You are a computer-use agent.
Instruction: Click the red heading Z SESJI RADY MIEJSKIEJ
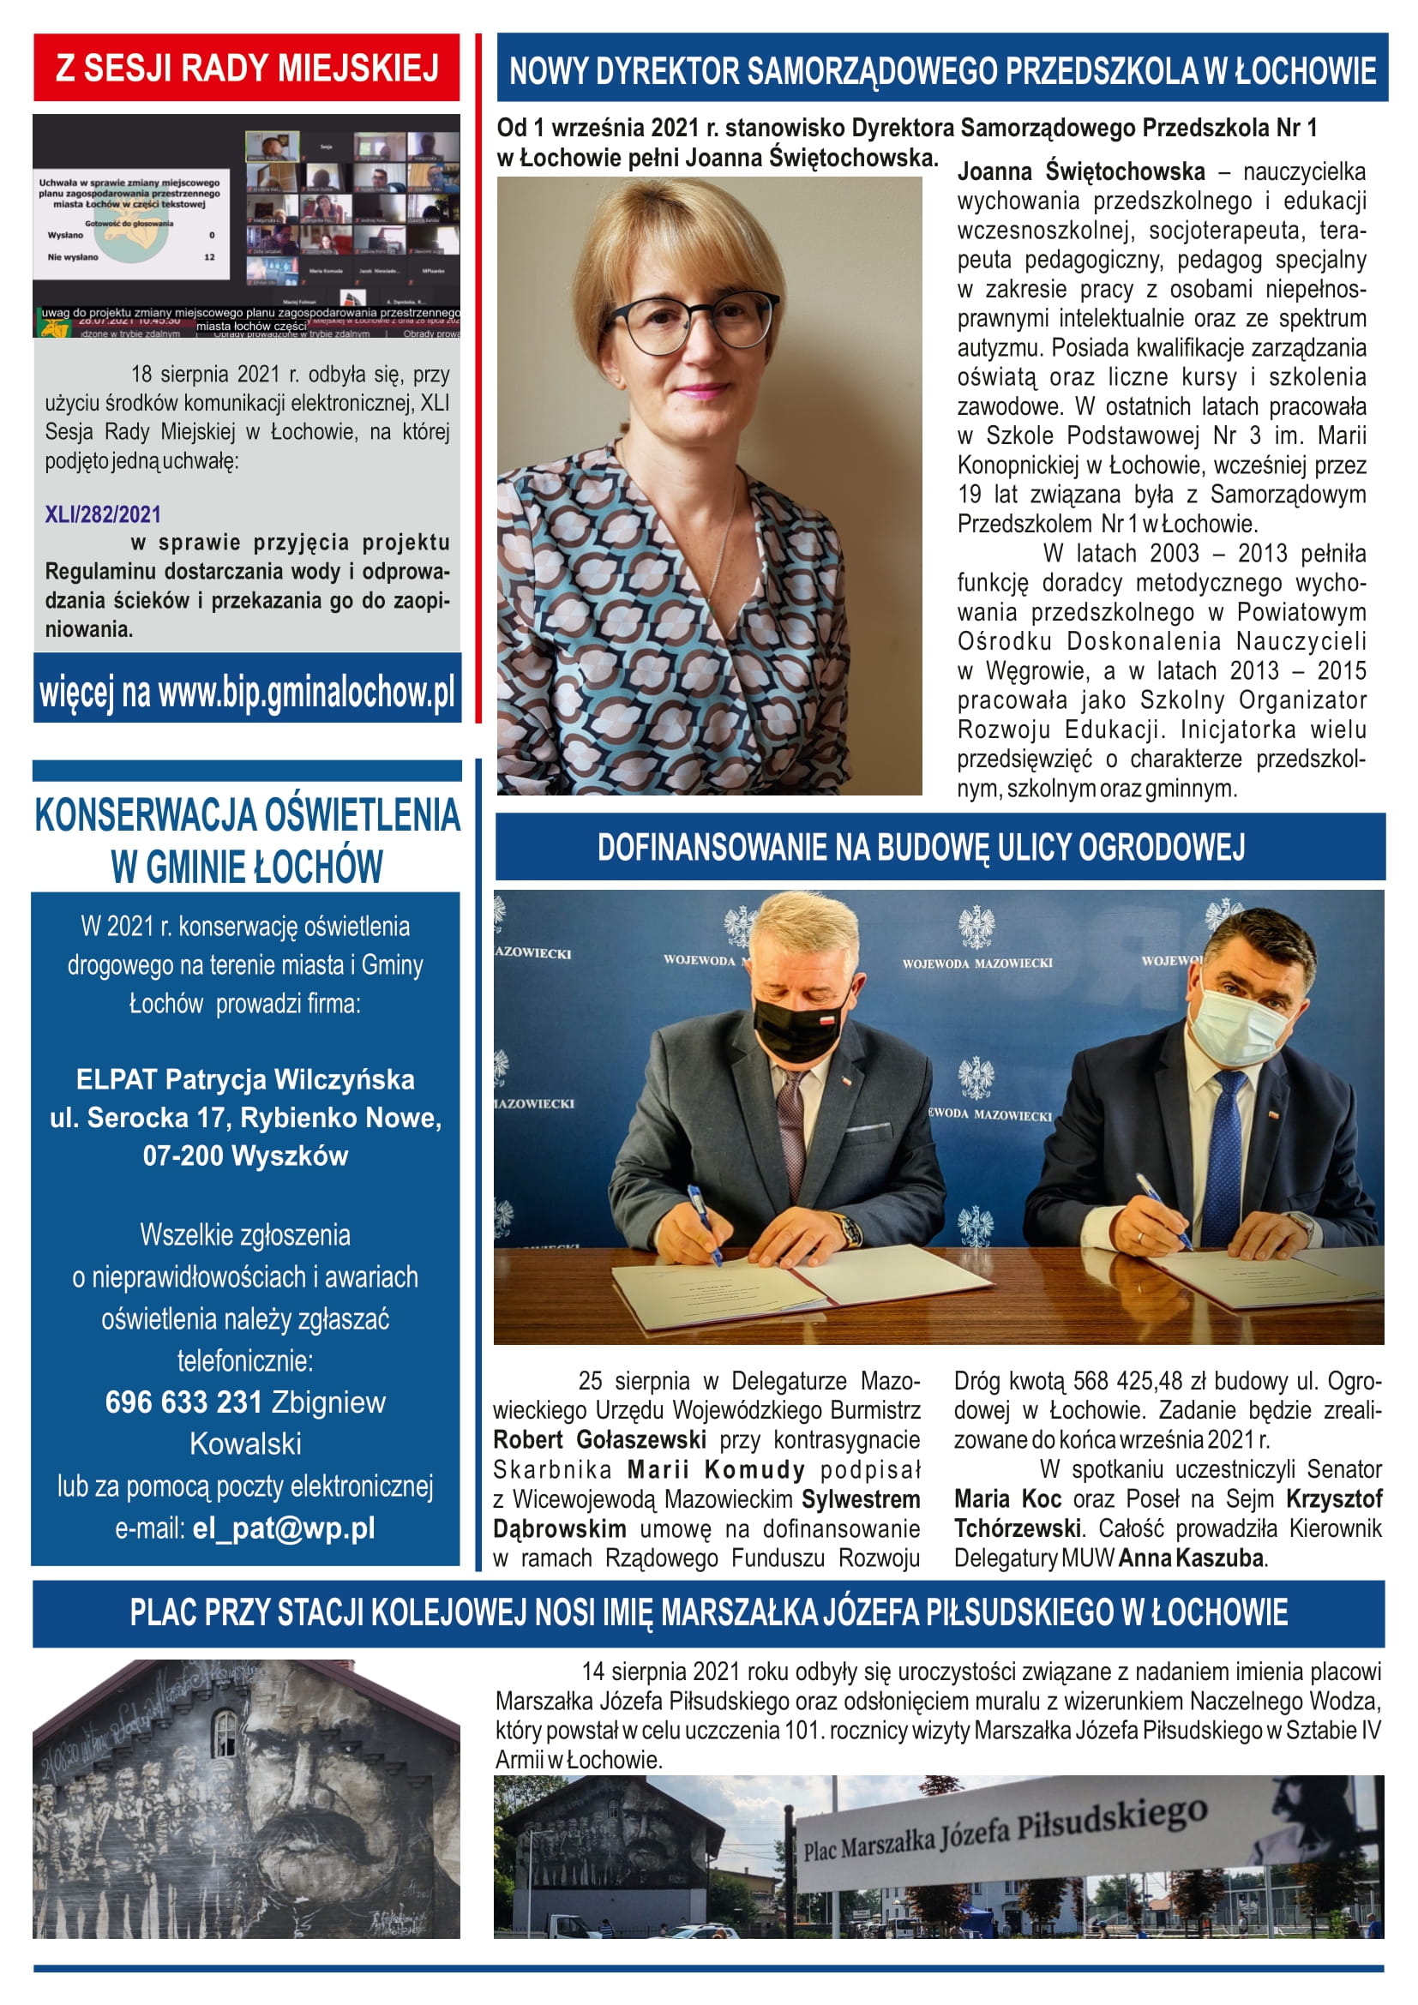click(246, 68)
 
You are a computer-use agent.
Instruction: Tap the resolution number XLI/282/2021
click(103, 513)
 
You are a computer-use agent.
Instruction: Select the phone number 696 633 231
click(184, 1402)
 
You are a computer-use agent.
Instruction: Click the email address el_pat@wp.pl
click(284, 1528)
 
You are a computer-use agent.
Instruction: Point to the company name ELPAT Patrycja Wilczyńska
click(245, 1079)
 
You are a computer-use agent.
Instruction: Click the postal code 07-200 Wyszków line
click(245, 1156)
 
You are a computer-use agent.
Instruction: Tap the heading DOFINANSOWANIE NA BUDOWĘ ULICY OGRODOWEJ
click(920, 847)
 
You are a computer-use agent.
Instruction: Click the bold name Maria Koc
click(1006, 1498)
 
